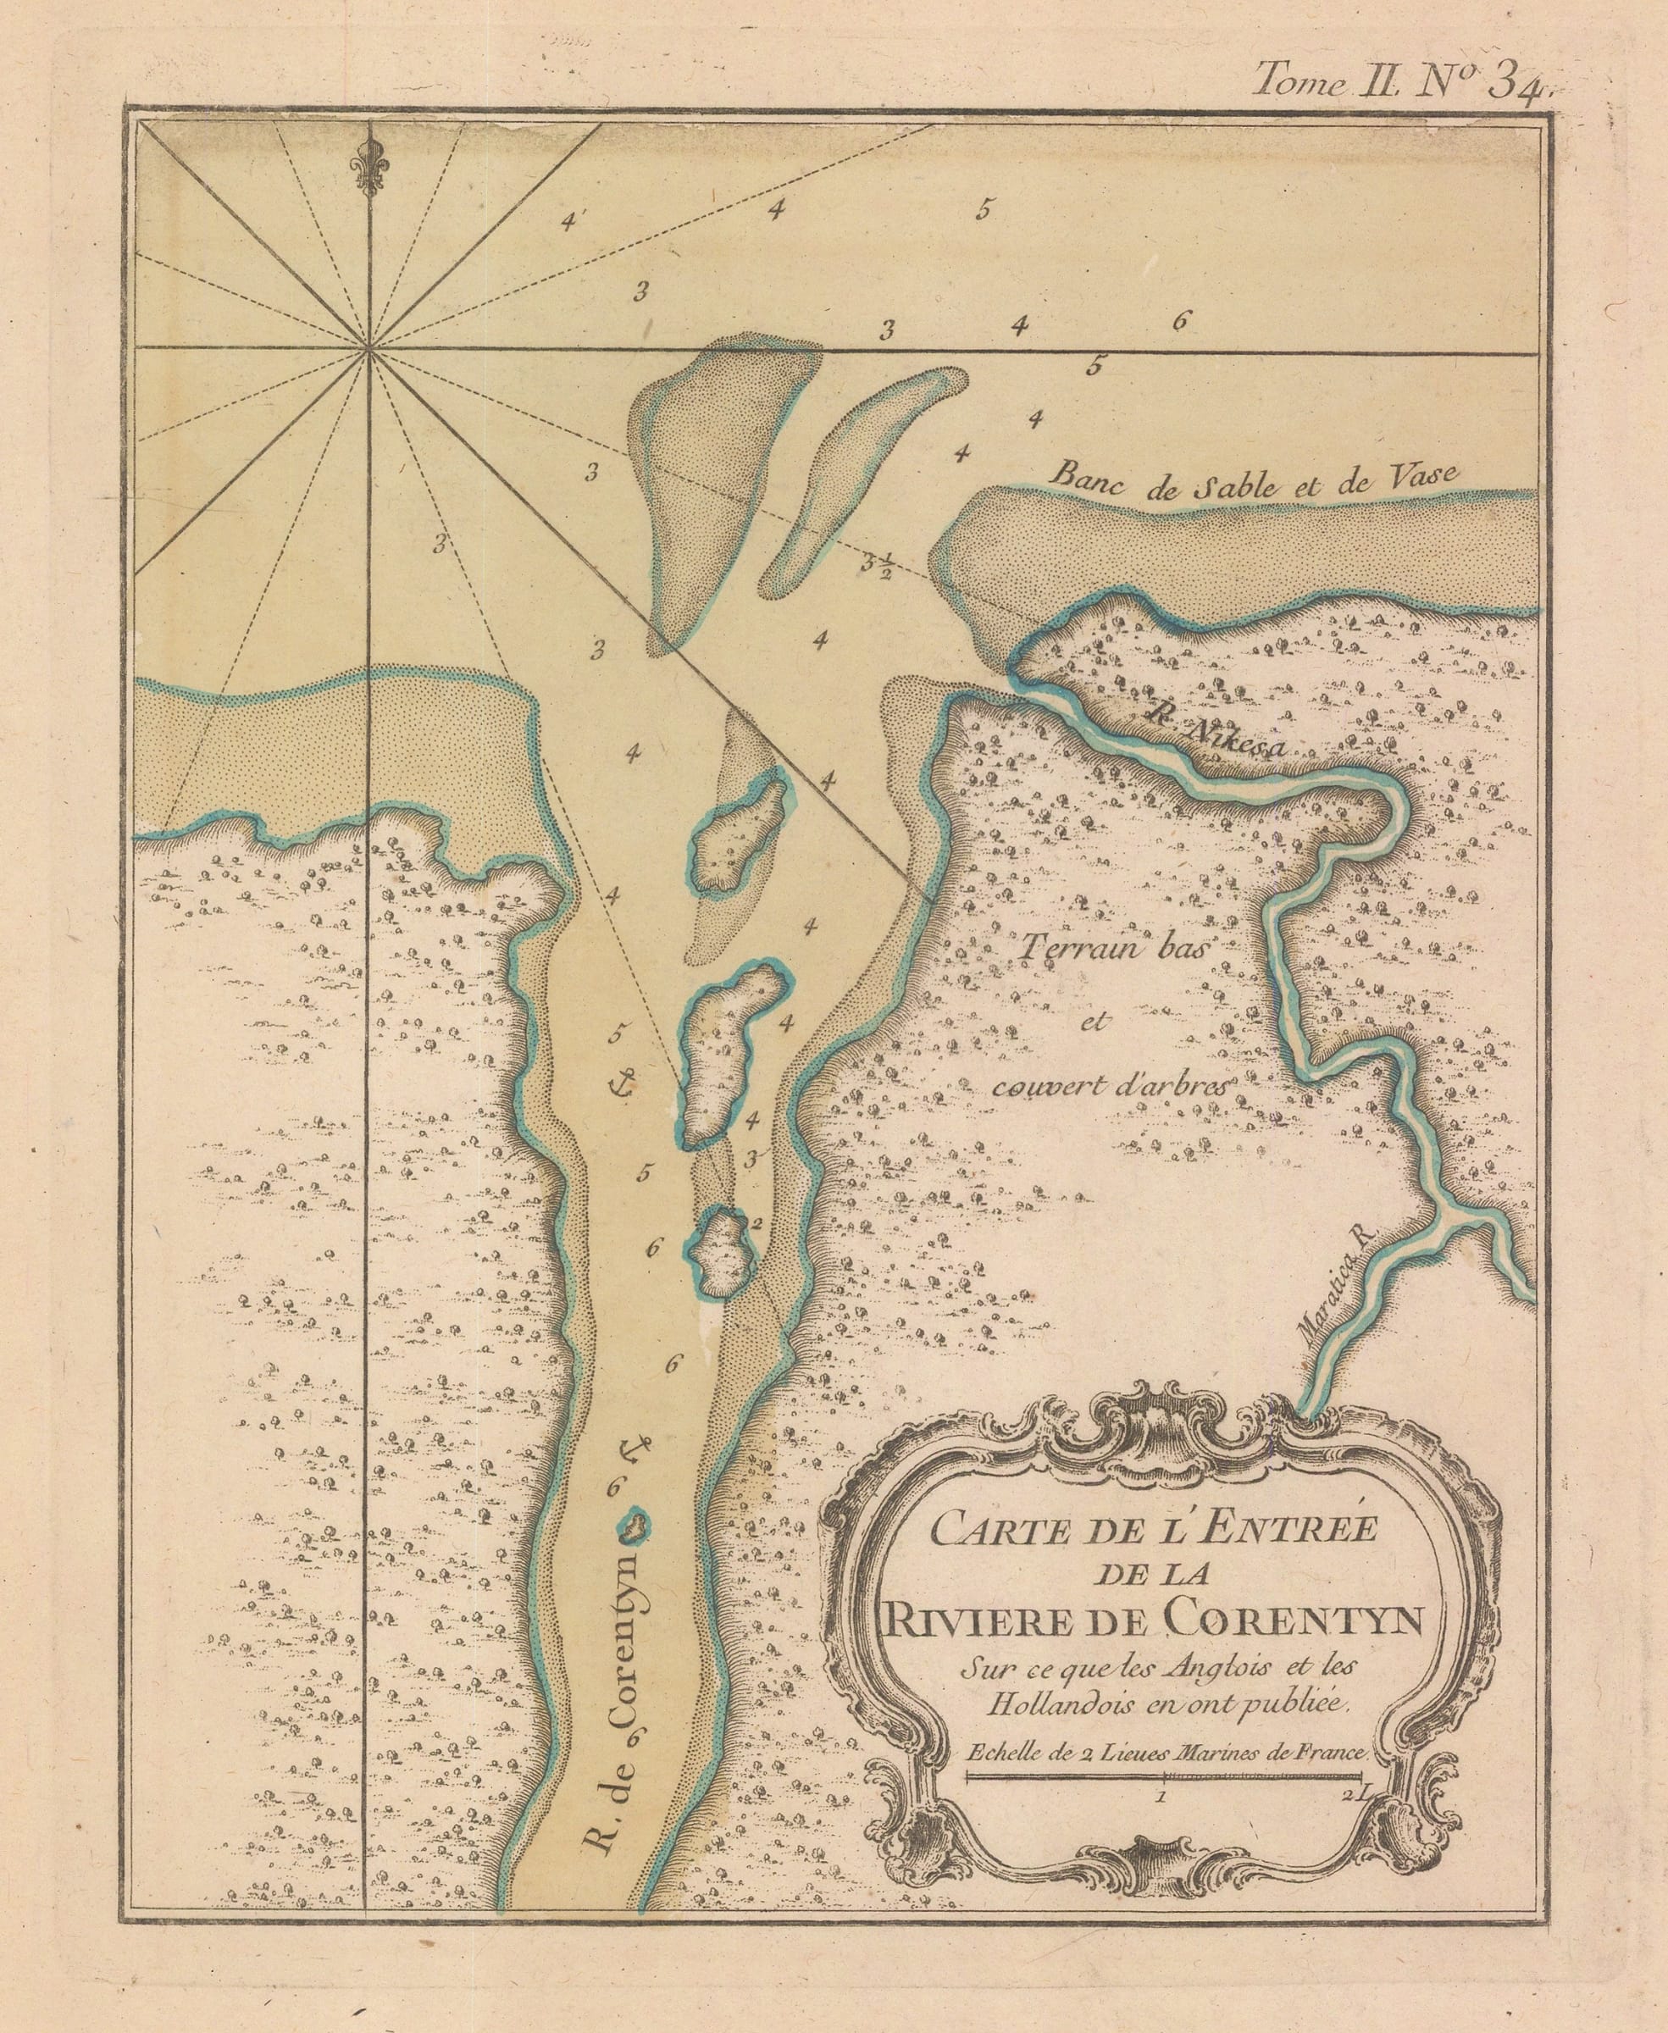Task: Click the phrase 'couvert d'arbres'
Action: coord(1110,1087)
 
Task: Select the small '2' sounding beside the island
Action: coord(758,1223)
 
